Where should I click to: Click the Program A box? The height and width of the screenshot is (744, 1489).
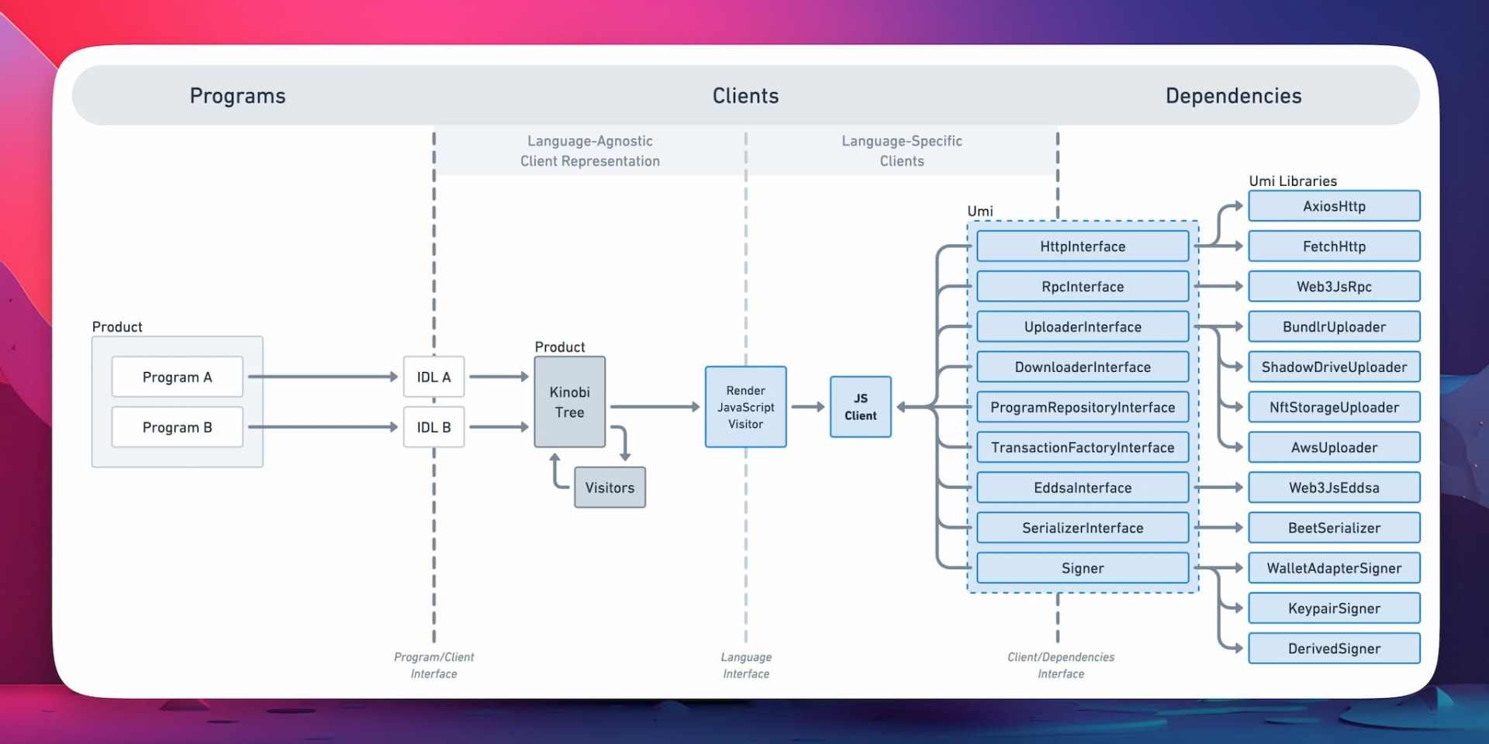click(x=177, y=377)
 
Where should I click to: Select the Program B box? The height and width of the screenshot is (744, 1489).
click(x=177, y=427)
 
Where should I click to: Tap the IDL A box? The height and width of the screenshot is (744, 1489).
click(x=434, y=377)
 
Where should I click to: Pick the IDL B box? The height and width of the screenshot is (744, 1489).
click(x=434, y=427)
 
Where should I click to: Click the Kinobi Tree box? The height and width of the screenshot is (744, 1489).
click(x=569, y=401)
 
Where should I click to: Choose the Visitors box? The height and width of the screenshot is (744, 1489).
click(x=610, y=487)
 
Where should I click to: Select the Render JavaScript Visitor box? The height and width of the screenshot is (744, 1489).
click(x=745, y=407)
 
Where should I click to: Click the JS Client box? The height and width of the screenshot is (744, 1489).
click(x=861, y=407)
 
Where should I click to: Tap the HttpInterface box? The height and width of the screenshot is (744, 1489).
click(x=1083, y=246)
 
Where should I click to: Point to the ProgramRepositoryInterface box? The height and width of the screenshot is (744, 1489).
click(x=1083, y=407)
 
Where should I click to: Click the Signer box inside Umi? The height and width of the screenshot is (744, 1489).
click(x=1083, y=568)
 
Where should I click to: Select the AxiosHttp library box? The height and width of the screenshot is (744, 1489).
click(x=1334, y=206)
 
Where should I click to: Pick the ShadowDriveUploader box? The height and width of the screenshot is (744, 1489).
click(x=1334, y=367)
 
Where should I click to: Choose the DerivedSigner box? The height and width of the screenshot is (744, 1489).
click(x=1334, y=649)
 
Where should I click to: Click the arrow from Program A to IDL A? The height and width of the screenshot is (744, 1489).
click(x=323, y=377)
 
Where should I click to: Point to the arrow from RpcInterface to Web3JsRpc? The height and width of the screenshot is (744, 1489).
click(x=1218, y=287)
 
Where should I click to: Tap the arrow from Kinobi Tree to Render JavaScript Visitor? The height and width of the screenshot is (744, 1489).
click(x=655, y=407)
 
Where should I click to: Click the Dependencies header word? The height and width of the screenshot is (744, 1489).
click(x=1233, y=95)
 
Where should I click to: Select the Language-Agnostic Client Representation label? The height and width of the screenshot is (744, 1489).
click(x=590, y=151)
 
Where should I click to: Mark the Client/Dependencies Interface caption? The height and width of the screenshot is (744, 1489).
click(x=1061, y=666)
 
